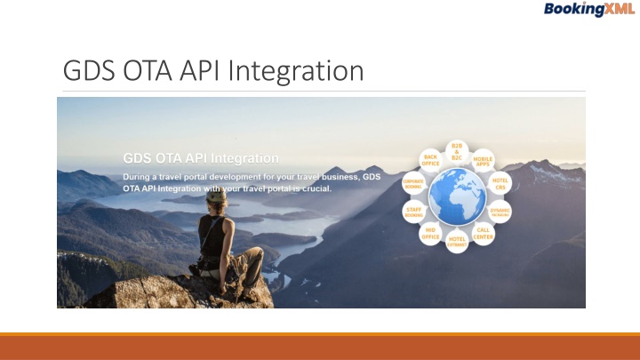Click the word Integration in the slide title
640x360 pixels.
pos(300,69)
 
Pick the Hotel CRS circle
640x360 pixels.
pos(500,183)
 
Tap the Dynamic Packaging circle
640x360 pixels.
pos(500,211)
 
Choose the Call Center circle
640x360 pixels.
pos(484,233)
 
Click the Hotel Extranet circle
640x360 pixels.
pos(457,241)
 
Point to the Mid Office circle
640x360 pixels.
pos(430,233)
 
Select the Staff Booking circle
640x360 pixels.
pos(414,211)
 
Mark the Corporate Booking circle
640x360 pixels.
pos(414,184)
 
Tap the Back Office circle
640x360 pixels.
pos(430,161)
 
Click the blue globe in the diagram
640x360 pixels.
pos(457,196)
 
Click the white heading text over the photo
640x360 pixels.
pos(201,158)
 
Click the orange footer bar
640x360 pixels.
pos(320,347)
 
